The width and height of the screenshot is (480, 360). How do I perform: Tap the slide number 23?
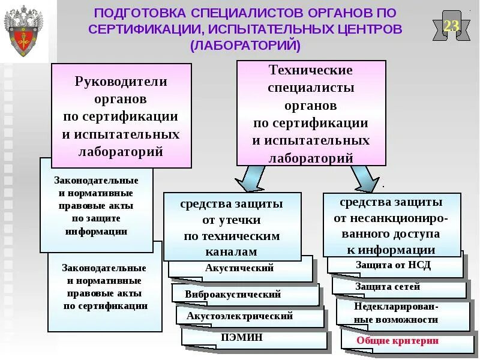pyautogui.click(x=451, y=26)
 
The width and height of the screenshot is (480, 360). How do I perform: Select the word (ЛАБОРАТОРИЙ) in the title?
pyautogui.click(x=245, y=45)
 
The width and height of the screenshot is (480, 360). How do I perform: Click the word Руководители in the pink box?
pyautogui.click(x=121, y=81)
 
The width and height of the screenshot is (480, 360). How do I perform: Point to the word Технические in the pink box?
pyautogui.click(x=310, y=70)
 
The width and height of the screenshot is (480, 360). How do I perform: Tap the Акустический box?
pyautogui.click(x=239, y=268)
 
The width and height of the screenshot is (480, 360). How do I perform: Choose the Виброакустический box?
pyautogui.click(x=233, y=295)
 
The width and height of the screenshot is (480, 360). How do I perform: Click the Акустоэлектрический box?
pyautogui.click(x=239, y=316)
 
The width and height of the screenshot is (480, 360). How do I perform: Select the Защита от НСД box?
pyautogui.click(x=393, y=265)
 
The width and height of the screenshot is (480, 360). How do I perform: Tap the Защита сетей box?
pyautogui.click(x=387, y=286)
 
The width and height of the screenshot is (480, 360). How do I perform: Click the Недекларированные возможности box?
pyautogui.click(x=396, y=313)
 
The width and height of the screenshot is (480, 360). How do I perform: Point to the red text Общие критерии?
pyautogui.click(x=397, y=340)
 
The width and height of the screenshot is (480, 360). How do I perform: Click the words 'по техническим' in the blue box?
pyautogui.click(x=232, y=236)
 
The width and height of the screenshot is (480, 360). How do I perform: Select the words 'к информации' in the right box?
pyautogui.click(x=391, y=250)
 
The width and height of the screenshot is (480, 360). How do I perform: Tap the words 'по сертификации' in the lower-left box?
pyautogui.click(x=106, y=306)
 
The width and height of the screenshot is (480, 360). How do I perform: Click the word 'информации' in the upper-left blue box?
pyautogui.click(x=96, y=232)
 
